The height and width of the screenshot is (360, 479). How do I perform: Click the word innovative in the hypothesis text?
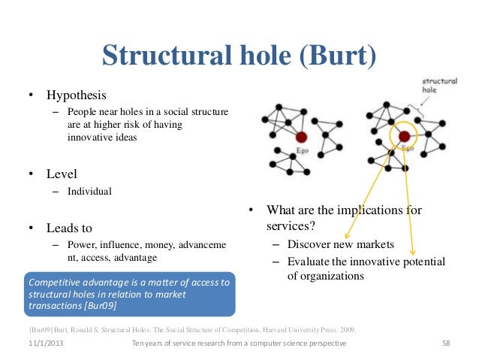tap(89, 138)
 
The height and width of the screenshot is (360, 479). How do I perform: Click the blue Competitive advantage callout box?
tap(129, 294)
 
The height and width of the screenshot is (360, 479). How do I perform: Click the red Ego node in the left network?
tap(301, 138)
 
